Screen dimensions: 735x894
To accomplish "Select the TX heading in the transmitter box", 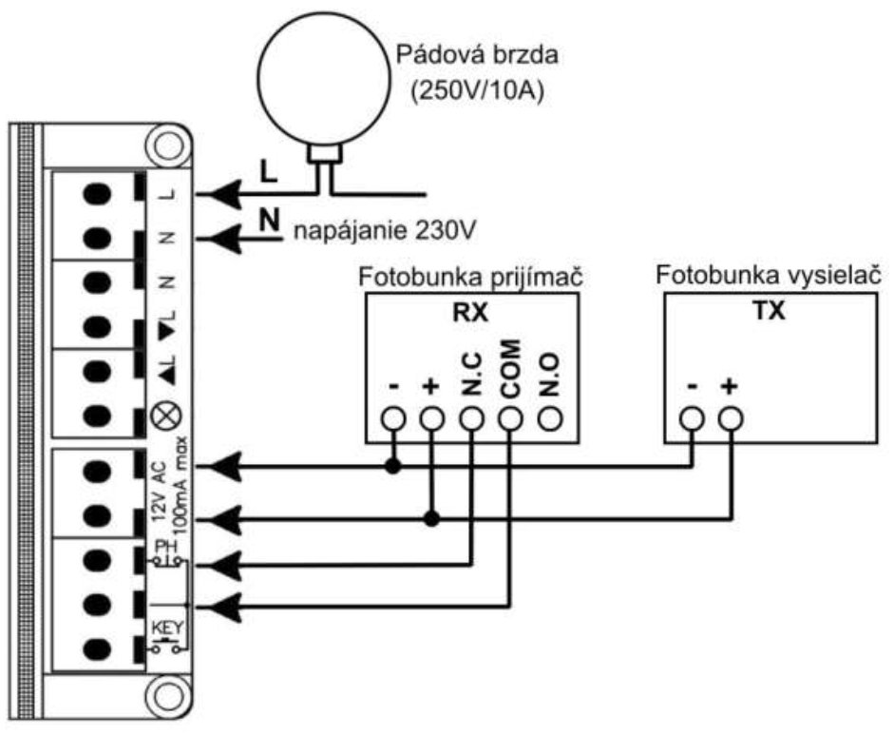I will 776,313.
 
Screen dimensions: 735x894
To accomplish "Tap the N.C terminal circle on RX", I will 471,418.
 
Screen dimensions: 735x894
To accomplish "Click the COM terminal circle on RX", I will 510,418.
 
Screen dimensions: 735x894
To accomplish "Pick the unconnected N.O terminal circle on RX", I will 549,418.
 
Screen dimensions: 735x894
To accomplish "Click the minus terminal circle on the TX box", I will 693,418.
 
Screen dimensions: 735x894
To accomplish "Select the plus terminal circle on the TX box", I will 731,418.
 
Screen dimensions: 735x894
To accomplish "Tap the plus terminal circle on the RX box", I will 431,418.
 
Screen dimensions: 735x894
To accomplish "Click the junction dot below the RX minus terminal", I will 391,467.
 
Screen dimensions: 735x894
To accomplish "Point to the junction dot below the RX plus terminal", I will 431,519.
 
